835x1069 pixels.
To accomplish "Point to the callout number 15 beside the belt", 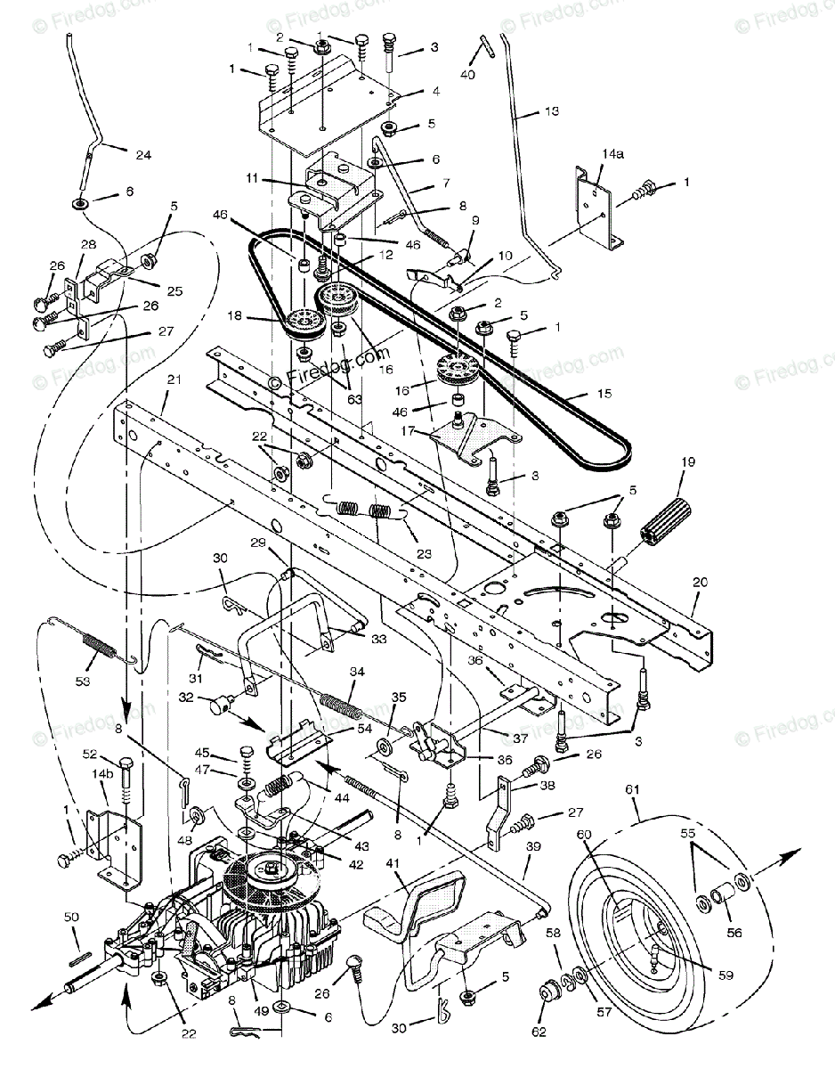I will pyautogui.click(x=580, y=393).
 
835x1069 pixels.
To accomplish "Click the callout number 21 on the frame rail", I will pyautogui.click(x=174, y=379).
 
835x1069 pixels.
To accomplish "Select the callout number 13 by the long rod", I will pyautogui.click(x=553, y=112).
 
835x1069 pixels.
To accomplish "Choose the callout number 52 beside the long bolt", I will pyautogui.click(x=90, y=755).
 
